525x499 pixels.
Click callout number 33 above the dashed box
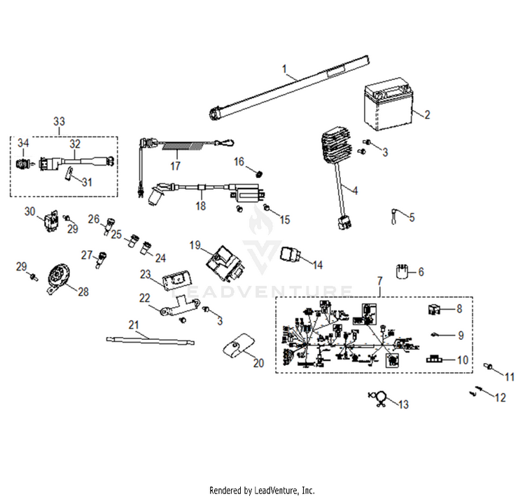(58, 121)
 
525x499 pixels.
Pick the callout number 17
(175, 166)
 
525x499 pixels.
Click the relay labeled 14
(291, 256)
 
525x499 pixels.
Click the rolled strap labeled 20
(237, 346)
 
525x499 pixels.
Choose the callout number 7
(380, 281)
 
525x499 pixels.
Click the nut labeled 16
(258, 172)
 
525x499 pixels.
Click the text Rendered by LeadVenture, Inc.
(262, 491)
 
